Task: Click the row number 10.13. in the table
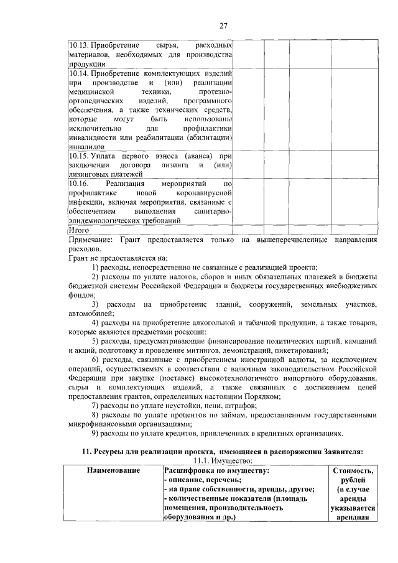pos(78,46)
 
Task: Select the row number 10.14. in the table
pos(78,73)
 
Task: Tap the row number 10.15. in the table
pos(78,156)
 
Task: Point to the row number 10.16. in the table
pos(78,185)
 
